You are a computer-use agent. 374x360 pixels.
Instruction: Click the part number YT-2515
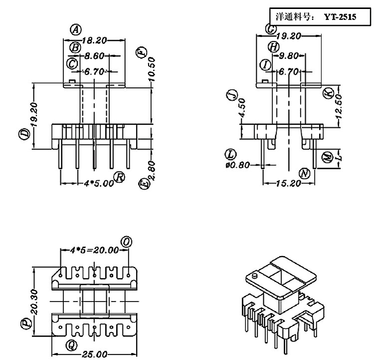pos(340,16)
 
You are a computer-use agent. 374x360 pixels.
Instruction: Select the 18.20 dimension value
pos(94,40)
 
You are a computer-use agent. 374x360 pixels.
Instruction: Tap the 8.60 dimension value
pos(94,56)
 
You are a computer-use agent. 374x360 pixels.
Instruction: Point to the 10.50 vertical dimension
pos(151,69)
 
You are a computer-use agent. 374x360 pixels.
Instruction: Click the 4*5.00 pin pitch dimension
pos(99,183)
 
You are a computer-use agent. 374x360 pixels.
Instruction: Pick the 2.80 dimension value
pos(152,171)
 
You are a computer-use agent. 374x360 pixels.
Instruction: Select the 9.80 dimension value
pos(289,56)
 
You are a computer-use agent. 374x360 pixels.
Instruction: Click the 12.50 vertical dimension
pos(339,106)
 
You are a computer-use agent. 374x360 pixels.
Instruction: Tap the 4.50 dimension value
pos(242,107)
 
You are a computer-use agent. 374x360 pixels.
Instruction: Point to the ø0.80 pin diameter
pos(237,165)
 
